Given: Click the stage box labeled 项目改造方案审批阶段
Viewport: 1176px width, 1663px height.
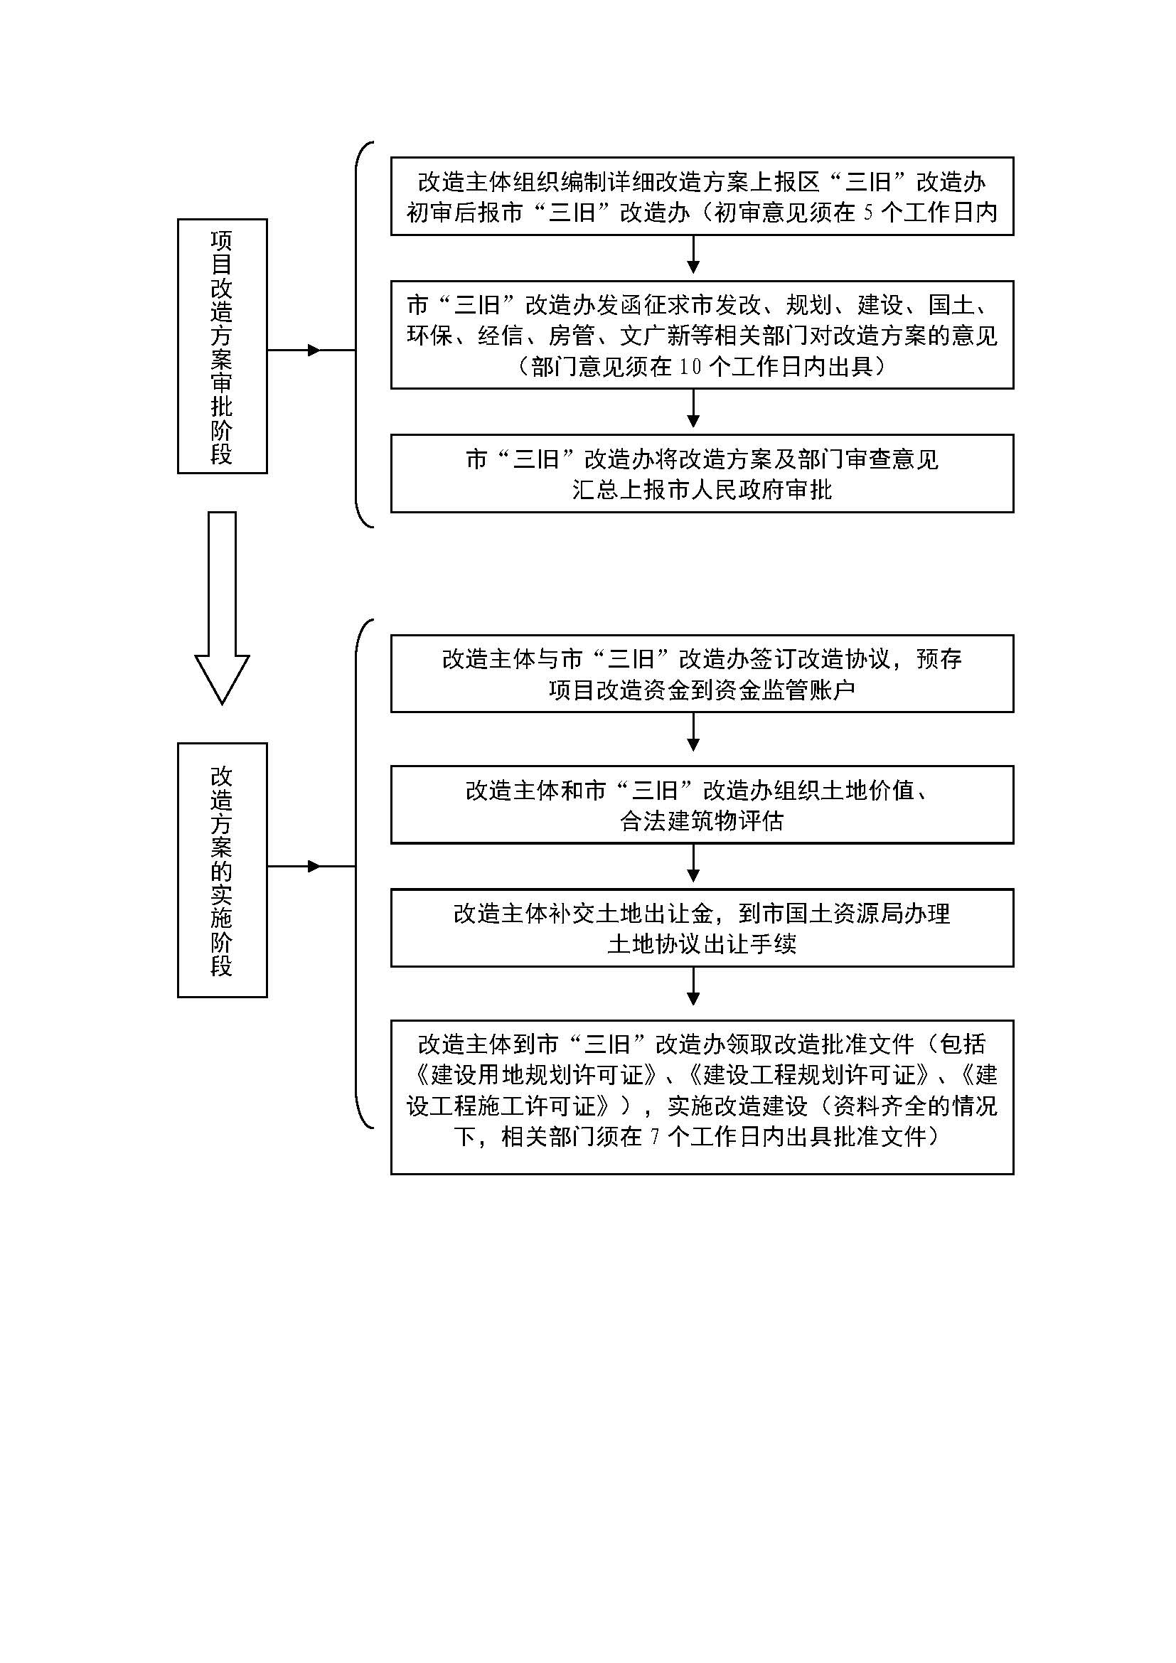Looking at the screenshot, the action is pos(223,346).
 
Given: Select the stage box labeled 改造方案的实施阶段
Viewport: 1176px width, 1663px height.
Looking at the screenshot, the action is pos(223,870).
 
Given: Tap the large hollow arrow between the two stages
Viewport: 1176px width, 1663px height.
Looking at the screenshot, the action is pos(223,607).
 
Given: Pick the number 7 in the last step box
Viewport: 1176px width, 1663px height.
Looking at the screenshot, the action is pos(655,1137).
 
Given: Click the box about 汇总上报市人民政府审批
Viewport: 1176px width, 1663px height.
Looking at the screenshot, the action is pos(702,474).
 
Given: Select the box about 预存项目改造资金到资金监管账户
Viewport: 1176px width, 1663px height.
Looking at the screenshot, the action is pos(702,673).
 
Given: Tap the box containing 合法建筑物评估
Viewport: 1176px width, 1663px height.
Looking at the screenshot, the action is pos(702,805).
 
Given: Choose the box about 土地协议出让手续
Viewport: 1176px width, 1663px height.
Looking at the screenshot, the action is pos(702,928).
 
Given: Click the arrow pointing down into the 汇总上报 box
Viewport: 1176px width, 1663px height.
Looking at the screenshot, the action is pos(693,408).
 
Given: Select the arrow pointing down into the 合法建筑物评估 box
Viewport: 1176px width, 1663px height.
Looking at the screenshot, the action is pos(693,732).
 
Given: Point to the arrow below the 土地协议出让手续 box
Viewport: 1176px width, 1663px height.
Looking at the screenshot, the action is pos(693,985).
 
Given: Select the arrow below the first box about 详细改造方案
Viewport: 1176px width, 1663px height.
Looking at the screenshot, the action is pos(693,255).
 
